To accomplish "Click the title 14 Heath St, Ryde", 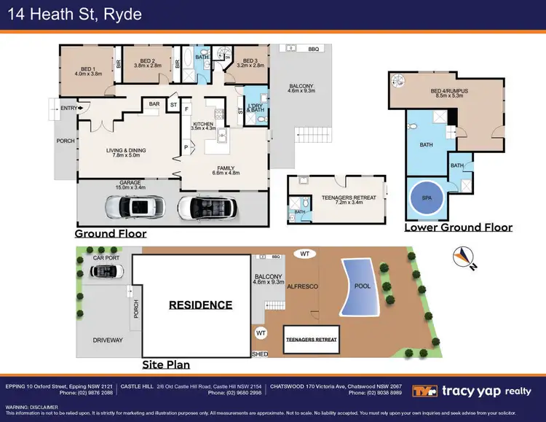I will [71, 15].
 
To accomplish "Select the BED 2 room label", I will [148, 63].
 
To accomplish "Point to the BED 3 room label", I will [250, 63].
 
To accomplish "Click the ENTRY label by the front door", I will [68, 108].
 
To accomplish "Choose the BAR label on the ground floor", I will [154, 104].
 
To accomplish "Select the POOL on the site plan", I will [362, 286].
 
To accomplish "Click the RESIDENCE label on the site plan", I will [200, 305].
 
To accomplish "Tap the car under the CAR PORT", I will [107, 272].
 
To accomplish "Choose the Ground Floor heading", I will [111, 234].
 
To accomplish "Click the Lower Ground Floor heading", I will [458, 227].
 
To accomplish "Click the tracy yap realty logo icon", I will [424, 391].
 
